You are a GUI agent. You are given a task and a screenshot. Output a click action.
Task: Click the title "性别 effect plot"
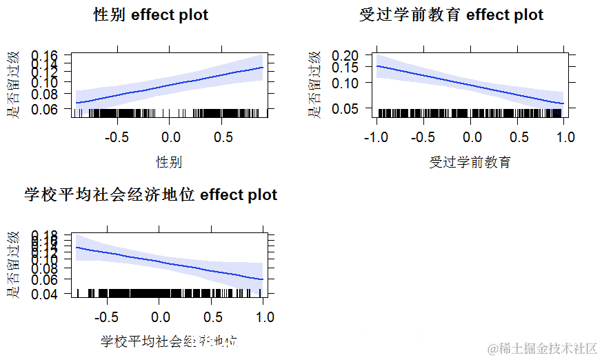(151, 14)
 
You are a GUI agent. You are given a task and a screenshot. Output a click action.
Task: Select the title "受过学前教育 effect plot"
(451, 14)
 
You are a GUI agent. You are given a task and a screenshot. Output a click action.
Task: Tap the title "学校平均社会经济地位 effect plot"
(150, 195)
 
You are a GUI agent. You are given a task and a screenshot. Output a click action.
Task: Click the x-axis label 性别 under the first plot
(169, 162)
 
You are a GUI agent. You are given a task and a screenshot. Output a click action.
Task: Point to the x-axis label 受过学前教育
(470, 162)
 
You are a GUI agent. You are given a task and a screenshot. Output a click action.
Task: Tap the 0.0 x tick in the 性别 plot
(170, 137)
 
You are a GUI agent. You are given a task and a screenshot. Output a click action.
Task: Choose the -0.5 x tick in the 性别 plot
(117, 137)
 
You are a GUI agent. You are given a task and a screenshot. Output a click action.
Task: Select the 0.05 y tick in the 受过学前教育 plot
(346, 108)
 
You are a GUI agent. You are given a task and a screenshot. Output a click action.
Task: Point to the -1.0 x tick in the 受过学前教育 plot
(376, 137)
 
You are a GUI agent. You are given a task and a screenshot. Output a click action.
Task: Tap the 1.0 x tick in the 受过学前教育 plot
(565, 137)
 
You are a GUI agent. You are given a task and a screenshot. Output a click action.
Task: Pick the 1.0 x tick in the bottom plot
(264, 317)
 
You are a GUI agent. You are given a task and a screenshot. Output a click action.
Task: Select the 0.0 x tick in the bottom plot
(160, 317)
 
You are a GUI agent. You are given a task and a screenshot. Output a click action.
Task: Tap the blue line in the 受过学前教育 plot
(470, 85)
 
